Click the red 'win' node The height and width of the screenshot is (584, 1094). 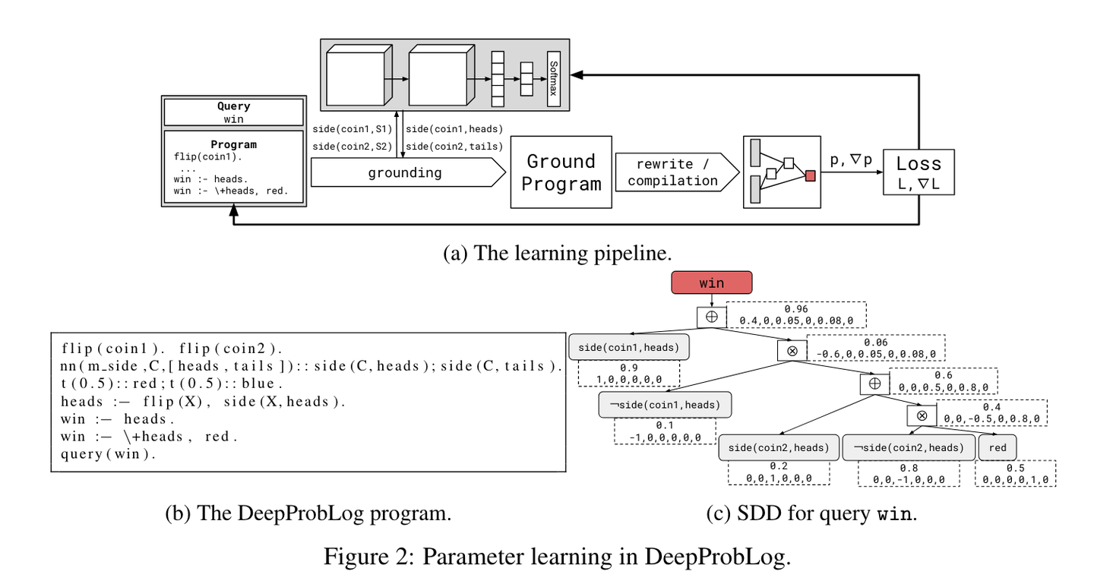(x=712, y=283)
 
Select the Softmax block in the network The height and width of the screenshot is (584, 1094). (x=553, y=79)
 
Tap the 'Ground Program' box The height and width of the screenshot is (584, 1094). (x=561, y=172)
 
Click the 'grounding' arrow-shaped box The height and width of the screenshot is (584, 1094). (x=408, y=172)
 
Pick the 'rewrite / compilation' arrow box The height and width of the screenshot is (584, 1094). (x=677, y=172)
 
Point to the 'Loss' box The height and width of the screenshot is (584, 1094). (x=919, y=172)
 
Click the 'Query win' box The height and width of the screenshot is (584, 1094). (x=233, y=112)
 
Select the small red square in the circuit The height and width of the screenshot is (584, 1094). (x=810, y=175)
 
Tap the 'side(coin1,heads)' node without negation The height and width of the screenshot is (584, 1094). (x=629, y=347)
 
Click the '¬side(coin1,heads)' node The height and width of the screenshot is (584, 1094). (x=666, y=405)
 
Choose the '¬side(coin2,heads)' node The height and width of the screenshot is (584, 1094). (x=909, y=448)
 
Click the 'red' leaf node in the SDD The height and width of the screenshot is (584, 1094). (x=998, y=448)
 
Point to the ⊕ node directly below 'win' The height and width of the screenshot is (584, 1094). (x=712, y=317)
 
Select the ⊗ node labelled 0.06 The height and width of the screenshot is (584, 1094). (x=792, y=351)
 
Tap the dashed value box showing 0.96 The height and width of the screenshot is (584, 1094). (x=796, y=315)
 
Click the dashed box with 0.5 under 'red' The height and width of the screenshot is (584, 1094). (x=1015, y=473)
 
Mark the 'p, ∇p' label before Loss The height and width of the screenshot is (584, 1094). (x=851, y=159)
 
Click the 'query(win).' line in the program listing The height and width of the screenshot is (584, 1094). (x=108, y=454)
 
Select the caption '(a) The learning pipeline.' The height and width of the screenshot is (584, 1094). (x=558, y=253)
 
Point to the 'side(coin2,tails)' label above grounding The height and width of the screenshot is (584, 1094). (x=454, y=147)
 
